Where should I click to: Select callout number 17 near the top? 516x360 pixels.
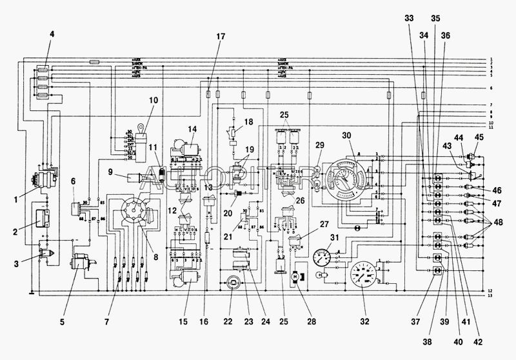221,36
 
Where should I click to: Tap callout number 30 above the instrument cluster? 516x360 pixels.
346,136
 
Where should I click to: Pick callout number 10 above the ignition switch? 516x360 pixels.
153,100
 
